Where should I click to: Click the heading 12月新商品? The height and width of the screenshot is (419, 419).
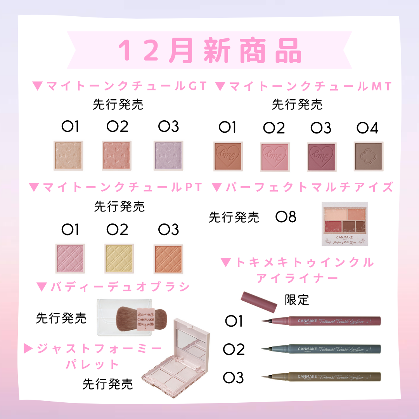pyautogui.click(x=209, y=50)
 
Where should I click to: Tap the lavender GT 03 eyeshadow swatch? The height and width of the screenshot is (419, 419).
pyautogui.click(x=168, y=156)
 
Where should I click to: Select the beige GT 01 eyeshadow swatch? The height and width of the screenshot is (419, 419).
pyautogui.click(x=69, y=156)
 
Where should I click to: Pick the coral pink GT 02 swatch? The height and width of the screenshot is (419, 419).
pyautogui.click(x=117, y=156)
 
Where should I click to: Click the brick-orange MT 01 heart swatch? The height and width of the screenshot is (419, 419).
pyautogui.click(x=228, y=156)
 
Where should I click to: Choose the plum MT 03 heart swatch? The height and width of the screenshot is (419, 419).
pyautogui.click(x=322, y=156)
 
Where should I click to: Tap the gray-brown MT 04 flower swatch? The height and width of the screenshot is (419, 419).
pyautogui.click(x=369, y=156)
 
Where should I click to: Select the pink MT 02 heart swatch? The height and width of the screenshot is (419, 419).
pyautogui.click(x=275, y=156)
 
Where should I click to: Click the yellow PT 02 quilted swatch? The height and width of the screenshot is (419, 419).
pyautogui.click(x=119, y=258)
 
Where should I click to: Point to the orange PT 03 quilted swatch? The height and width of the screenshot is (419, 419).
pyautogui.click(x=168, y=258)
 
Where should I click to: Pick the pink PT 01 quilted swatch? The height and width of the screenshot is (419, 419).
pyautogui.click(x=70, y=258)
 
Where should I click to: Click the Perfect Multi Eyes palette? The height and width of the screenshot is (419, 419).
pyautogui.click(x=345, y=224)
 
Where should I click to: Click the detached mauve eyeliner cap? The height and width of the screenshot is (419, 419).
pyautogui.click(x=259, y=301)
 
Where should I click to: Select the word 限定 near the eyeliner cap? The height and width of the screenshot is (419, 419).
pyautogui.click(x=297, y=300)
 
